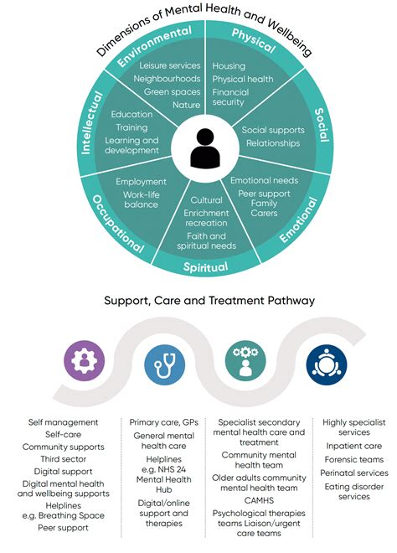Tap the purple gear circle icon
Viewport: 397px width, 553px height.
point(85,363)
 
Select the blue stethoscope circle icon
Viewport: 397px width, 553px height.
point(164,363)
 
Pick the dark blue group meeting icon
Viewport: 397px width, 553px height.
point(327,363)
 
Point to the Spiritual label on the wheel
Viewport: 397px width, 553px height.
point(206,266)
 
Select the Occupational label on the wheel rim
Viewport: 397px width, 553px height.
point(112,224)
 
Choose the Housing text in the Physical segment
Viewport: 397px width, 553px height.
point(229,65)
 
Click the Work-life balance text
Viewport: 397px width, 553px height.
point(141,199)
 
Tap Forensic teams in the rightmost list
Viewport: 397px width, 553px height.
point(354,459)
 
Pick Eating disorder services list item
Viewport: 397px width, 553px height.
point(354,491)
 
